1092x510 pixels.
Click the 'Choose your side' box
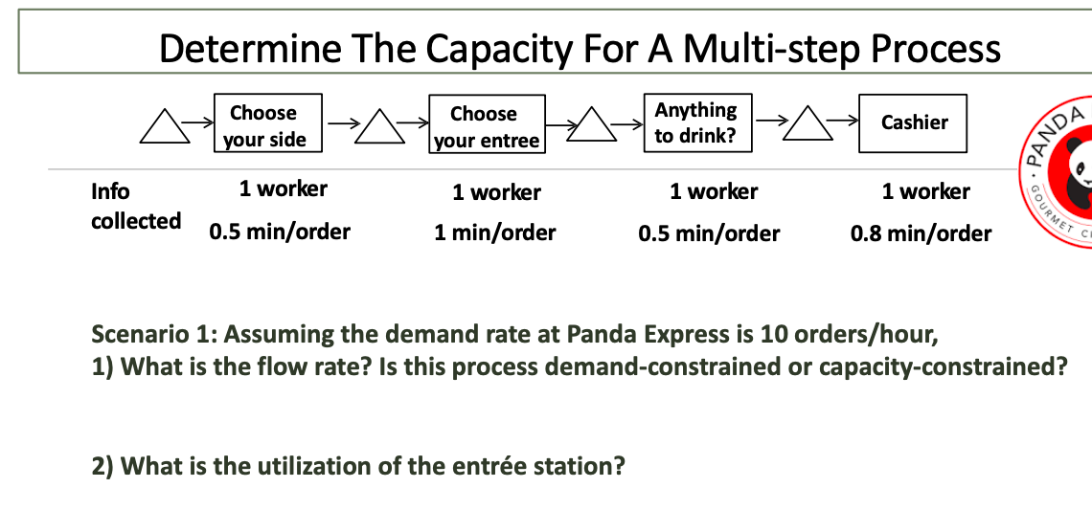266,125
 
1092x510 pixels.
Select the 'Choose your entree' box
487,126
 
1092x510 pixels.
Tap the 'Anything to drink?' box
696,122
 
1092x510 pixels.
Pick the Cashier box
913,122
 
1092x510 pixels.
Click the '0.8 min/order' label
921,233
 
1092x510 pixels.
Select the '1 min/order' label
494,233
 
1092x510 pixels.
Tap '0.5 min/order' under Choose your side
280,232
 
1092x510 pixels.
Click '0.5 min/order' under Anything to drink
709,233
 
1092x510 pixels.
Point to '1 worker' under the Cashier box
925,191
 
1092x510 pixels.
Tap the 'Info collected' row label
135,206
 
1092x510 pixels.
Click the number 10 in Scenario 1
771,335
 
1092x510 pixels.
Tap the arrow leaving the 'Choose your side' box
342,122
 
